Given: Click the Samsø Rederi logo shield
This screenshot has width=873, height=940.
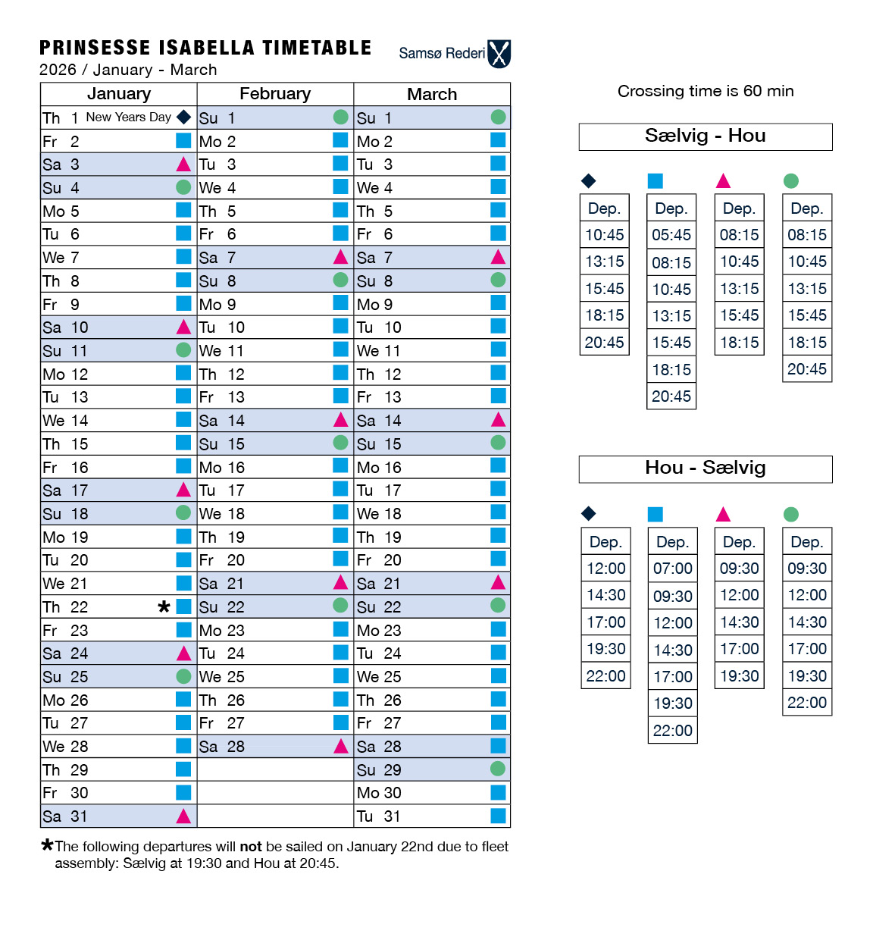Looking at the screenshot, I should pyautogui.click(x=499, y=54).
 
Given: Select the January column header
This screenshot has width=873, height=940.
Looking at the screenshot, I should pyautogui.click(x=119, y=94).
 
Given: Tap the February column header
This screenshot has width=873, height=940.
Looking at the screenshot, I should pyautogui.click(x=275, y=94).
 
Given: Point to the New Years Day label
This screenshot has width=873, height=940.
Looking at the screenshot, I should pyautogui.click(x=128, y=117).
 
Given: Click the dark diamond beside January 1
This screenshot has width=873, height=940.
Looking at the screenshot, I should pyautogui.click(x=183, y=117).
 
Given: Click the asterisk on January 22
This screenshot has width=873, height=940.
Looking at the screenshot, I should pyautogui.click(x=164, y=606).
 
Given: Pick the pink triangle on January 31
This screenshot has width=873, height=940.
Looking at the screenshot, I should pyautogui.click(x=183, y=816).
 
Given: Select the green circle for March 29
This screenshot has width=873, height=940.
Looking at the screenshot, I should pyautogui.click(x=498, y=769).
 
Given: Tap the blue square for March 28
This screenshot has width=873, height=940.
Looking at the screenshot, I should pyautogui.click(x=498, y=746).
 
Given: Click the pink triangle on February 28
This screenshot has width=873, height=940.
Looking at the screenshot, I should pyautogui.click(x=341, y=746).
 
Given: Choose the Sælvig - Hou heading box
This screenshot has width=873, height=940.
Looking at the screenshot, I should pyautogui.click(x=706, y=136).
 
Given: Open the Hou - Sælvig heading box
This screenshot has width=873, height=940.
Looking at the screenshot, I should pyautogui.click(x=706, y=468).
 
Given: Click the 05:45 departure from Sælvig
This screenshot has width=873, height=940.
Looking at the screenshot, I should pyautogui.click(x=671, y=235).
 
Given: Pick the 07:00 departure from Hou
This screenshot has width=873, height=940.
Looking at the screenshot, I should pyautogui.click(x=673, y=569).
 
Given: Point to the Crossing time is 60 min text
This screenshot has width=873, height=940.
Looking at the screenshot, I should pyautogui.click(x=706, y=91).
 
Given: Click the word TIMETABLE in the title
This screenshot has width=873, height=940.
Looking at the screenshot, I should pyautogui.click(x=317, y=48).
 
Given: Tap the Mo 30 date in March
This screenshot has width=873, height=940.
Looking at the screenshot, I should pyautogui.click(x=379, y=793).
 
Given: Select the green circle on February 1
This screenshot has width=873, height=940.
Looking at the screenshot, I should pyautogui.click(x=341, y=117).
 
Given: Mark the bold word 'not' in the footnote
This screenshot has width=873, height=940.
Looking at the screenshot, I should pyautogui.click(x=251, y=847).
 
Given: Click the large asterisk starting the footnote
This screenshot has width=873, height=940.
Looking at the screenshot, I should pyautogui.click(x=47, y=844).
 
